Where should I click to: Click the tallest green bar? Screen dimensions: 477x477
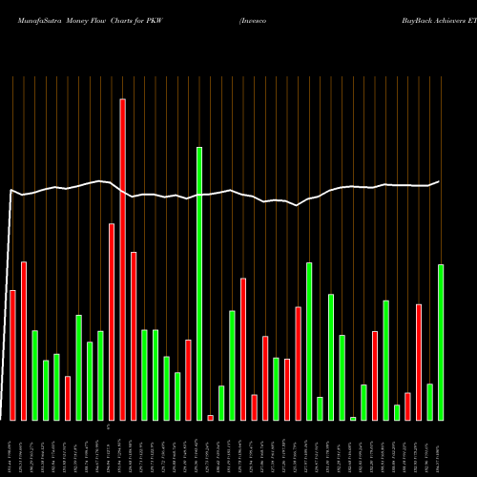[x=199, y=283]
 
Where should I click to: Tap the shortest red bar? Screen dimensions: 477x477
[x=211, y=417]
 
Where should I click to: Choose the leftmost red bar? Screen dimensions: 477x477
[x=12, y=354]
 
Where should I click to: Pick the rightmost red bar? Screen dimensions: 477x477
[x=419, y=362]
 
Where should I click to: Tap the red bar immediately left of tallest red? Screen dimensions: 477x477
[x=112, y=321]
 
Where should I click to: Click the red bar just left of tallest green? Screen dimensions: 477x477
[x=189, y=380]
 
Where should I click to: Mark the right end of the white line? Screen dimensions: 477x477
[x=439, y=181]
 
